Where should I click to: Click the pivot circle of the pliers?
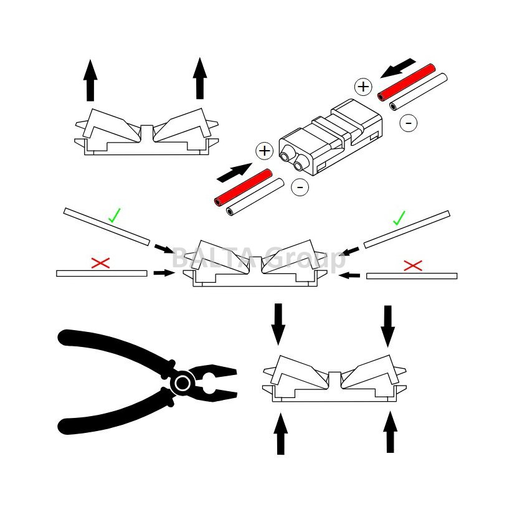183,383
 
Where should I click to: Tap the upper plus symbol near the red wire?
363,87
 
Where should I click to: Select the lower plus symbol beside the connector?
265,151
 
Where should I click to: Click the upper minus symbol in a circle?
408,123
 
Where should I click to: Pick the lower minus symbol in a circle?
300,187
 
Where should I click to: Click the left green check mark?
115,216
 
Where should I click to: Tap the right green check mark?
399,218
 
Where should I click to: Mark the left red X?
100,263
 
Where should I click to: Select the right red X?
413,265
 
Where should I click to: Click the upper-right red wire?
406,82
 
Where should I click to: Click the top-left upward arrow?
90,80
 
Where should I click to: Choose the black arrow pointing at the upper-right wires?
398,69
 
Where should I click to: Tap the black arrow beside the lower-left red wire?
234,173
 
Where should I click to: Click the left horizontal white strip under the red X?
102,273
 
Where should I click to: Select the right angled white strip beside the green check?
407,229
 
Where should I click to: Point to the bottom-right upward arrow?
391,432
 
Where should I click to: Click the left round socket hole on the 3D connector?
285,156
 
